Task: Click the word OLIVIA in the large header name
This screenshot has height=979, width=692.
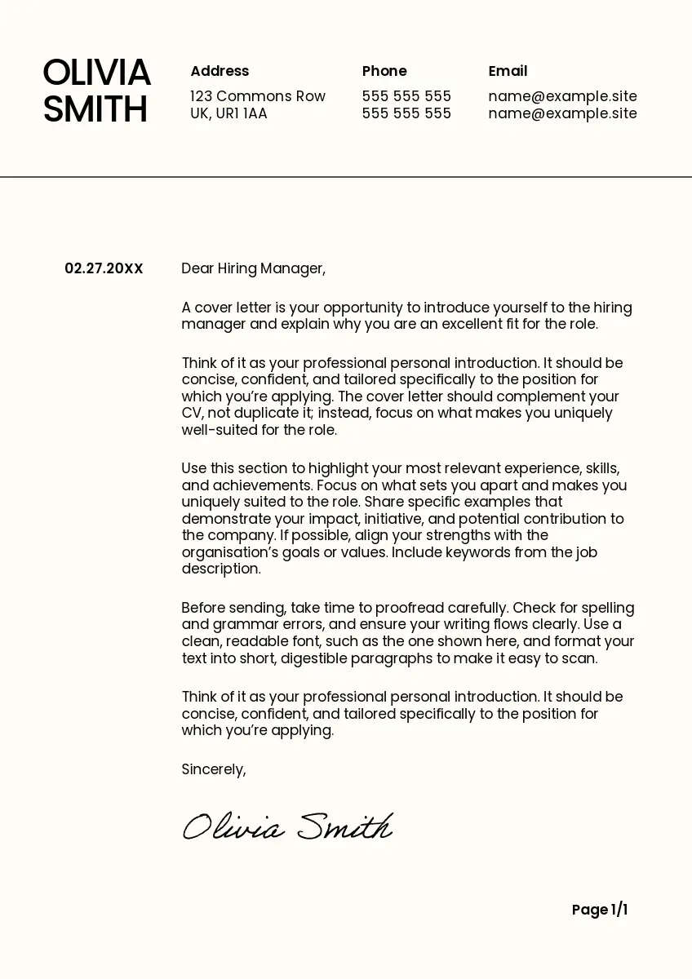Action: (x=96, y=73)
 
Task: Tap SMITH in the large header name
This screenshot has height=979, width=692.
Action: (x=95, y=110)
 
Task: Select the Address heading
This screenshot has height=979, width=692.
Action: (x=220, y=71)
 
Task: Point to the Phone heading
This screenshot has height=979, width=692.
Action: (x=384, y=71)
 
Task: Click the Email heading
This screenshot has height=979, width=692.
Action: (x=508, y=71)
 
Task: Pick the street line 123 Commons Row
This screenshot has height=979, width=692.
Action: (x=258, y=96)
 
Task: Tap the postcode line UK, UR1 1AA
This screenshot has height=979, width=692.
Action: (x=228, y=113)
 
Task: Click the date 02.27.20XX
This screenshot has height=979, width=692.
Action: (x=104, y=268)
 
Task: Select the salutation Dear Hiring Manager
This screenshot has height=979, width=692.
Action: (x=253, y=268)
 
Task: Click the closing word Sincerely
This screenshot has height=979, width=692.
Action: (x=213, y=769)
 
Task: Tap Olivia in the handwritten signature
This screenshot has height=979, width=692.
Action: (x=233, y=828)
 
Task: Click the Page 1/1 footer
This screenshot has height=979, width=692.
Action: (x=600, y=910)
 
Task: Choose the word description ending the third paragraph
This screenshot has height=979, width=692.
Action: (x=220, y=569)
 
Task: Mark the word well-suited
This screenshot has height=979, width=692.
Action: (x=221, y=430)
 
